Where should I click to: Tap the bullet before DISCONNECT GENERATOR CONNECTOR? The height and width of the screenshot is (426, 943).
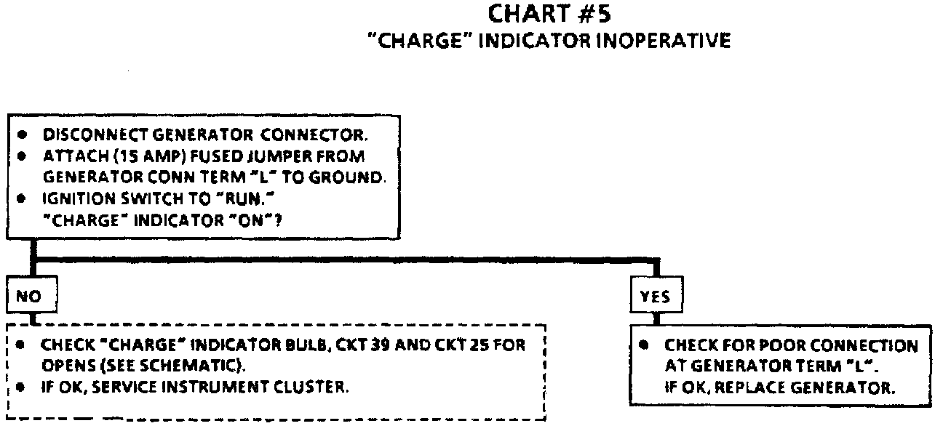coord(24,135)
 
